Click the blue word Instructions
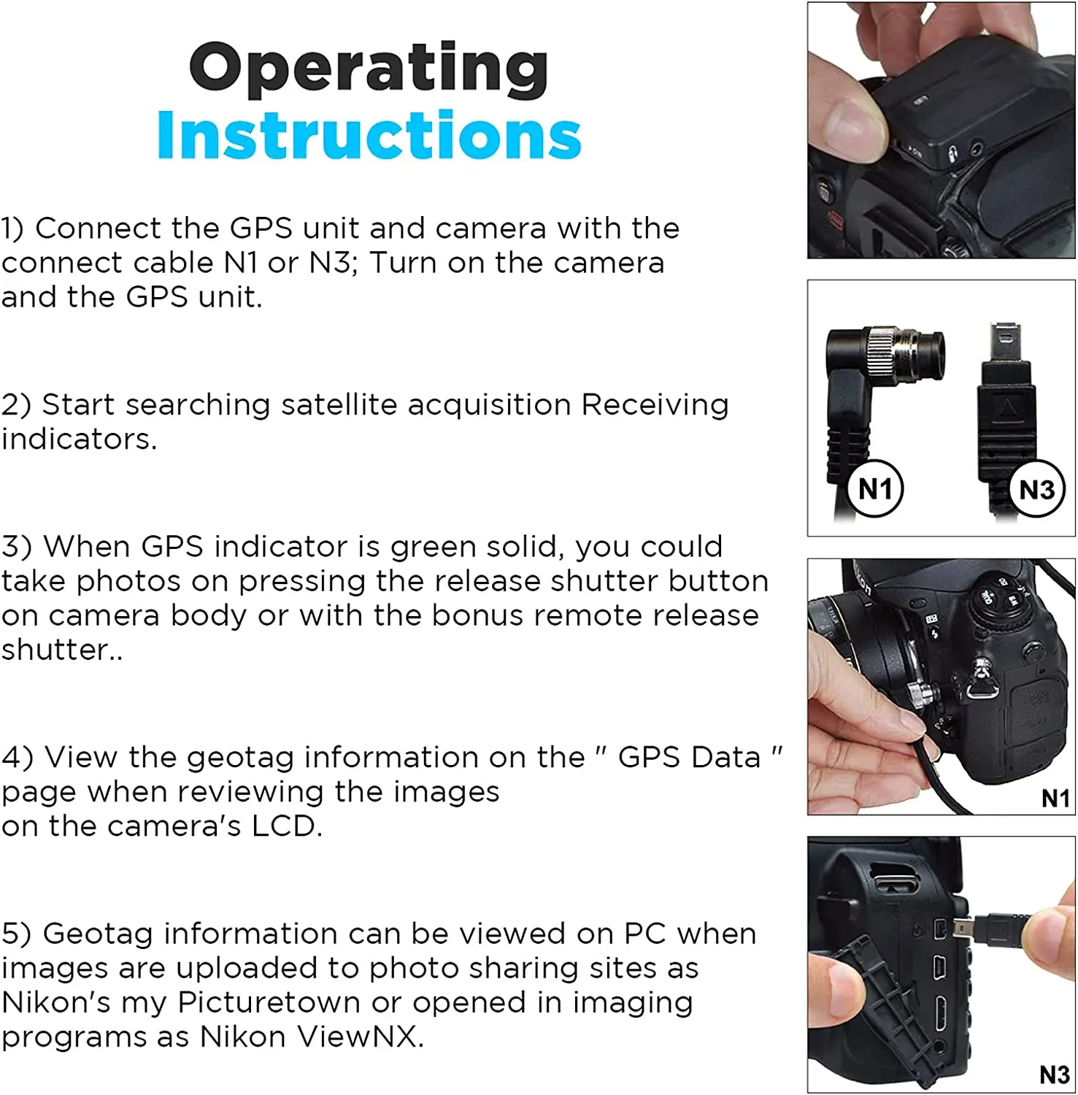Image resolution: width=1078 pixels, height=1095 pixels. pos(369,136)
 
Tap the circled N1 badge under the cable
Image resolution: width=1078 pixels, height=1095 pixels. pos(875,488)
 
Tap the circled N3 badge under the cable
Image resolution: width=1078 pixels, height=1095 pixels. pos(1037,489)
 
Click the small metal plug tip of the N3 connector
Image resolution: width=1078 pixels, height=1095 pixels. pos(1005,338)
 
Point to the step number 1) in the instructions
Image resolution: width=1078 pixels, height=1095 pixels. pos(12,228)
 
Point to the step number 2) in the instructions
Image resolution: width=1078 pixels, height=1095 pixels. pos(15,405)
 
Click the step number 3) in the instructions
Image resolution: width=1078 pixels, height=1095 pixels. pos(16,547)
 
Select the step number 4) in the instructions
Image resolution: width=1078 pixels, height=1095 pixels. pos(17,758)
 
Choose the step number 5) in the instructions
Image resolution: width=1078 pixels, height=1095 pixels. pos(16,934)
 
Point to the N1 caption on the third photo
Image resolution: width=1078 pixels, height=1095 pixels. pos(1055,799)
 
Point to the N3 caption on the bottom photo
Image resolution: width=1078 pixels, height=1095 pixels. pos(1055,1075)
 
